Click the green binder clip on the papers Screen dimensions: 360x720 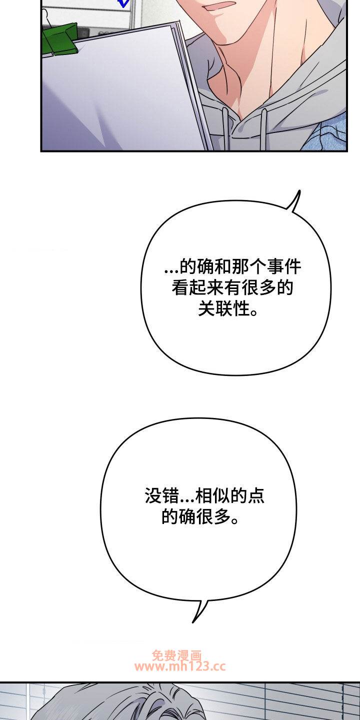60,38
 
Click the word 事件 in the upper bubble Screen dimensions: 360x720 284,267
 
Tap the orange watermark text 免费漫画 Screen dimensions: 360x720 177,655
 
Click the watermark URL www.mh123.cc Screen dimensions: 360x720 180,667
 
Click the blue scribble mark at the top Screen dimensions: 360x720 124,3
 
